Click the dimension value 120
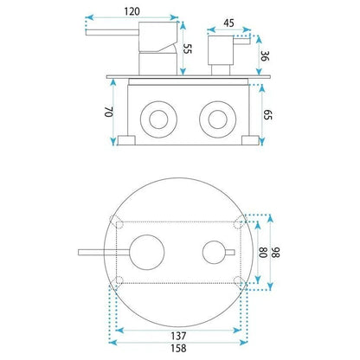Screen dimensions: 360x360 tap(132, 11)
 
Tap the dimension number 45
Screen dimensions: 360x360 tap(228, 23)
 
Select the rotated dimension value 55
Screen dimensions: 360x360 tap(187, 48)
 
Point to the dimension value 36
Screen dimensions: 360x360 tap(265, 56)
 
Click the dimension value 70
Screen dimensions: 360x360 tap(108, 112)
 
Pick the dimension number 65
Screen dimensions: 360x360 tap(267, 114)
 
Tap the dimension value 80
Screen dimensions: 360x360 tap(263, 253)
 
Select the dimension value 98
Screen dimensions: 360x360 tap(275, 253)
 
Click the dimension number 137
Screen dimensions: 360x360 tap(178, 336)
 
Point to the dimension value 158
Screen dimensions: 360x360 tap(178, 348)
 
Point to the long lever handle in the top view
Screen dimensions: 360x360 tap(104, 253)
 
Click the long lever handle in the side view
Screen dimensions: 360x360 tap(112, 32)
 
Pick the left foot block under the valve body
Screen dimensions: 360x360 tap(126, 140)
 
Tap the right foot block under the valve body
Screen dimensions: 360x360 tap(250, 140)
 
